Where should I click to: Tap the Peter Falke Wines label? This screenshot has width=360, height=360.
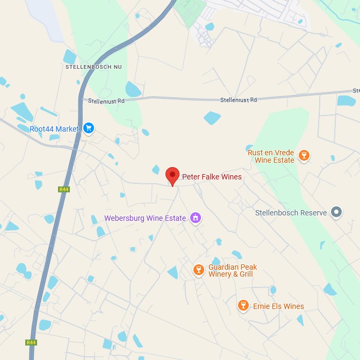click(212, 177)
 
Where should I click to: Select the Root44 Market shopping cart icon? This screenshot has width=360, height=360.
click(89, 128)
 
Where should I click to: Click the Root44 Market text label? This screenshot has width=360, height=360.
click(54, 129)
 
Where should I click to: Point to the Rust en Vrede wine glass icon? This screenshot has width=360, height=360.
click(304, 156)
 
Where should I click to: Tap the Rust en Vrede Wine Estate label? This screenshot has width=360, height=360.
click(271, 156)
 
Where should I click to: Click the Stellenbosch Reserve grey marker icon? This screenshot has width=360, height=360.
click(336, 212)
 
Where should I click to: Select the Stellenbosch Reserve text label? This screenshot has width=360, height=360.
click(291, 213)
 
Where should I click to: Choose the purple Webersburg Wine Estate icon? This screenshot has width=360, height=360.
click(196, 218)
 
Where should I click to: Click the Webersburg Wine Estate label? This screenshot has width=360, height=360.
click(145, 218)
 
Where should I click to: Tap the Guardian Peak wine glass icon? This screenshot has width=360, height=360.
click(198, 270)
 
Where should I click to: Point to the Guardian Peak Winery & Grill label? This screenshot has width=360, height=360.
click(233, 271)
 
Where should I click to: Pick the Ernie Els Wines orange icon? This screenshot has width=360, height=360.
click(243, 306)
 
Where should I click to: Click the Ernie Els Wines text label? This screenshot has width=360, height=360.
click(278, 306)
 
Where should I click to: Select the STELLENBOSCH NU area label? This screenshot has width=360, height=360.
click(93, 67)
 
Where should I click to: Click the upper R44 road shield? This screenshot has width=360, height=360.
click(64, 189)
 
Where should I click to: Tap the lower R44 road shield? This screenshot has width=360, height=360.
click(31, 342)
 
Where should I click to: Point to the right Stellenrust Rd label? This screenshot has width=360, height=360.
click(239, 100)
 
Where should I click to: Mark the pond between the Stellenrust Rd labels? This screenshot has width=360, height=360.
click(212, 118)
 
